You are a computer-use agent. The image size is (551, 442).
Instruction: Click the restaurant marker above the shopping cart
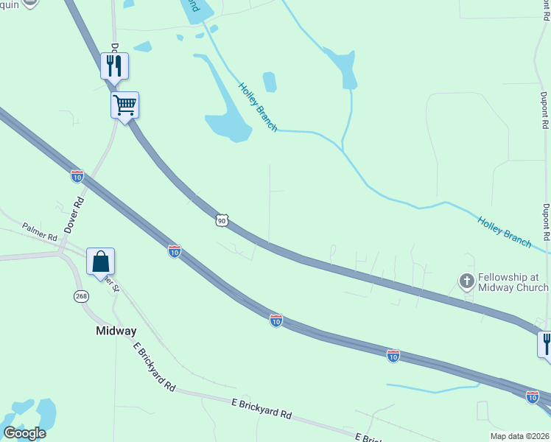(114, 66)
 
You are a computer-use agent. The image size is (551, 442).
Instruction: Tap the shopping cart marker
(124, 105)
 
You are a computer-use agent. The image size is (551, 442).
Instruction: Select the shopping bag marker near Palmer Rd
(100, 262)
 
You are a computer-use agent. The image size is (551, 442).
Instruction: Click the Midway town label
(116, 331)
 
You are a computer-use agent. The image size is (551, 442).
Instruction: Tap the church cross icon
(466, 281)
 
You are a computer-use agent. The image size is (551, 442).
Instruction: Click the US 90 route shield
(222, 220)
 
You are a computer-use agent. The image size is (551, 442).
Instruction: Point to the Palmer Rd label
(40, 232)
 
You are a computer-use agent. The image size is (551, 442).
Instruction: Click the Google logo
(24, 433)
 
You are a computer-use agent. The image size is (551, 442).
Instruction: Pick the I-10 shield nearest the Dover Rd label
(77, 176)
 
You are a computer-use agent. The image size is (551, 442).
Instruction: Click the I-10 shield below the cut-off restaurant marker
(533, 396)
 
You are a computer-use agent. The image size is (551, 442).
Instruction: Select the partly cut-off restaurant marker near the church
(546, 344)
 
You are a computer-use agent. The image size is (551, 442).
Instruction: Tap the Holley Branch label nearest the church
(505, 231)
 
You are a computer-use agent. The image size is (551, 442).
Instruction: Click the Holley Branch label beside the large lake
(257, 107)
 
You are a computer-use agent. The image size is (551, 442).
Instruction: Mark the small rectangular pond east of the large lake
(270, 82)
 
